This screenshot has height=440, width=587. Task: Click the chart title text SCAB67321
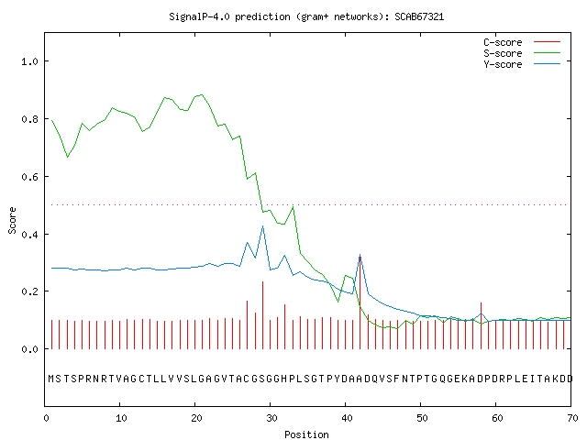[x=419, y=16]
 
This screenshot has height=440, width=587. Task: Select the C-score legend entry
[x=522, y=42]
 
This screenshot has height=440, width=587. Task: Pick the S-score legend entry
[x=522, y=53]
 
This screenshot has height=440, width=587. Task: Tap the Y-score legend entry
[x=522, y=64]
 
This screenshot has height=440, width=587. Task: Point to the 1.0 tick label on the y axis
[x=29, y=61]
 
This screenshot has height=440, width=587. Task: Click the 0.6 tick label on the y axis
[x=29, y=177]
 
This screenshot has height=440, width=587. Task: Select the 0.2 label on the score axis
[x=29, y=291]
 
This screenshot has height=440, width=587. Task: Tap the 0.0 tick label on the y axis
[x=29, y=349]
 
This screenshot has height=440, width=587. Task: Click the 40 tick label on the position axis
[x=347, y=418]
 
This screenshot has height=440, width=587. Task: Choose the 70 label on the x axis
[x=572, y=418]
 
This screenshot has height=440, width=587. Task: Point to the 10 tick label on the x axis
[x=121, y=418]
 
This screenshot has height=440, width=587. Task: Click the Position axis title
[x=306, y=434]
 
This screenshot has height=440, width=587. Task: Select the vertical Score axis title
[x=12, y=220]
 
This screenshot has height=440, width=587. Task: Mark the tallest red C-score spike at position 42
[x=360, y=302]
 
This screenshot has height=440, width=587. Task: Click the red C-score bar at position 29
[x=263, y=315]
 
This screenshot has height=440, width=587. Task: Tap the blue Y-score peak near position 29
[x=263, y=226]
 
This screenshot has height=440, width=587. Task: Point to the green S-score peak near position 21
[x=202, y=94]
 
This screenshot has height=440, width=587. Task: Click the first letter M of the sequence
[x=51, y=379]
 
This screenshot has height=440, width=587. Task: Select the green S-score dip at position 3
[x=67, y=157]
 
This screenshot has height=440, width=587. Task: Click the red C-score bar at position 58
[x=481, y=326]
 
